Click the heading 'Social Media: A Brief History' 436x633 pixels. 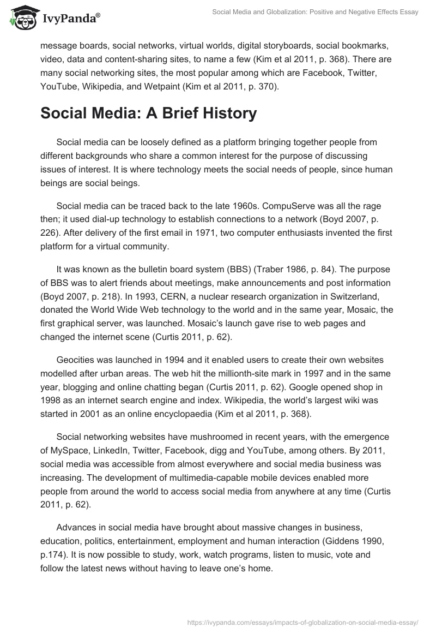pyautogui.click(x=148, y=113)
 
